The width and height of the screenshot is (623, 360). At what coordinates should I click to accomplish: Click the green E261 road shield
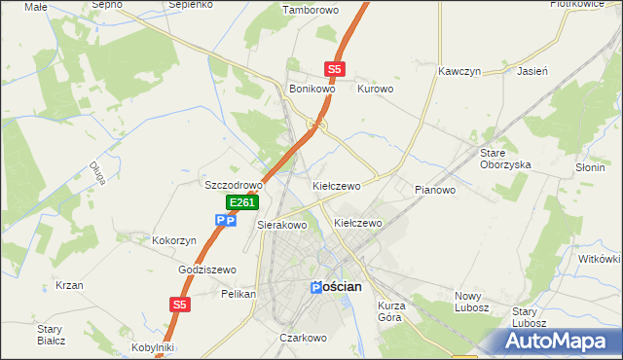coord(242,202)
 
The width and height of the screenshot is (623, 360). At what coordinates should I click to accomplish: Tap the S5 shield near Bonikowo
coord(335,69)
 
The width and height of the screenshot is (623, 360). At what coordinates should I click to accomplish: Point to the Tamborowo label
coord(307,11)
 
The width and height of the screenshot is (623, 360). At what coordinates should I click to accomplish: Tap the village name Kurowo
coord(375,89)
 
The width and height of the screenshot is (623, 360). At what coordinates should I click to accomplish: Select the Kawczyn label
coord(461,72)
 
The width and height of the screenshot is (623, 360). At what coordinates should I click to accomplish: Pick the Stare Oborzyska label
coord(504,159)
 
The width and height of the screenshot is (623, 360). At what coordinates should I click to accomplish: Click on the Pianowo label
coord(434,190)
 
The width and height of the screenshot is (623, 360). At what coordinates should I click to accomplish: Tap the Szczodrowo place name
coord(234,185)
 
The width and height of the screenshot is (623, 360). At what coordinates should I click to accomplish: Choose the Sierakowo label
coord(281,225)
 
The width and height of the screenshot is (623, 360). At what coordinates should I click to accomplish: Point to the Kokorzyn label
coord(175,240)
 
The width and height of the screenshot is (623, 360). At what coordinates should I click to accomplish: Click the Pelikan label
coord(238,293)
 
